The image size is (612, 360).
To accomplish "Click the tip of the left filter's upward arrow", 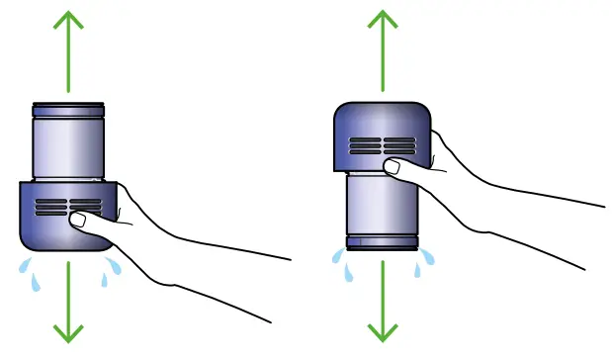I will click(x=67, y=11).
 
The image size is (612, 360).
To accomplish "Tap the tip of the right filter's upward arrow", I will click(x=381, y=11).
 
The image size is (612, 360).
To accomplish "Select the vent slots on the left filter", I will click(x=69, y=208).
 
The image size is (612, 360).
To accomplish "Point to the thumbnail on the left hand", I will click(x=78, y=220).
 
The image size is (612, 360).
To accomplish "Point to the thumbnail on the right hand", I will click(x=392, y=167).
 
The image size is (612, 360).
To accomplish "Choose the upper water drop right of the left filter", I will click(x=116, y=264).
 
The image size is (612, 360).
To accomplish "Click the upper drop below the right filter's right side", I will click(x=427, y=256).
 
